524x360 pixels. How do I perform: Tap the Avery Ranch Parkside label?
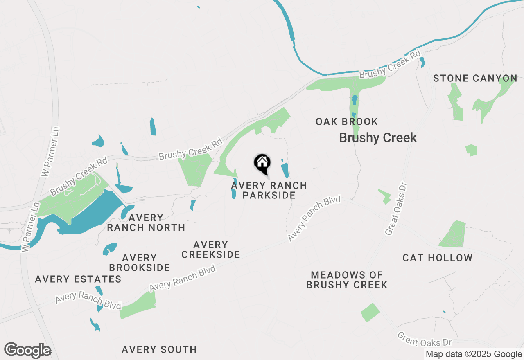[x=269, y=190]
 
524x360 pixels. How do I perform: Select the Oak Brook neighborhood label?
[x=347, y=122]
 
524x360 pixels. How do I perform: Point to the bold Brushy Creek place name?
[x=378, y=138]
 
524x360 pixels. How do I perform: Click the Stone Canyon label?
[x=475, y=78]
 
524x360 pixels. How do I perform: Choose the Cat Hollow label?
[x=437, y=258]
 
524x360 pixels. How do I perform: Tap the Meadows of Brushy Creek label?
[x=347, y=280]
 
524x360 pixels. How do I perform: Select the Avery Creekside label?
[x=210, y=250]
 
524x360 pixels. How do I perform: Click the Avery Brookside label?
[x=140, y=263]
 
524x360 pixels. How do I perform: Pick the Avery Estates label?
[x=78, y=279]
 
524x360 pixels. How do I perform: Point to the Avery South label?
[x=159, y=349]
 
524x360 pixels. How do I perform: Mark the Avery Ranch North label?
[x=146, y=222]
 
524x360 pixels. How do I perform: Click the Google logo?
[x=27, y=351]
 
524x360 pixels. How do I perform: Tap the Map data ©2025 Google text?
[x=473, y=354]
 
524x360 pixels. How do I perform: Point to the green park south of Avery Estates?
[x=138, y=305]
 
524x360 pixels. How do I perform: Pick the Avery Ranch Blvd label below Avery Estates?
[x=88, y=301]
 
